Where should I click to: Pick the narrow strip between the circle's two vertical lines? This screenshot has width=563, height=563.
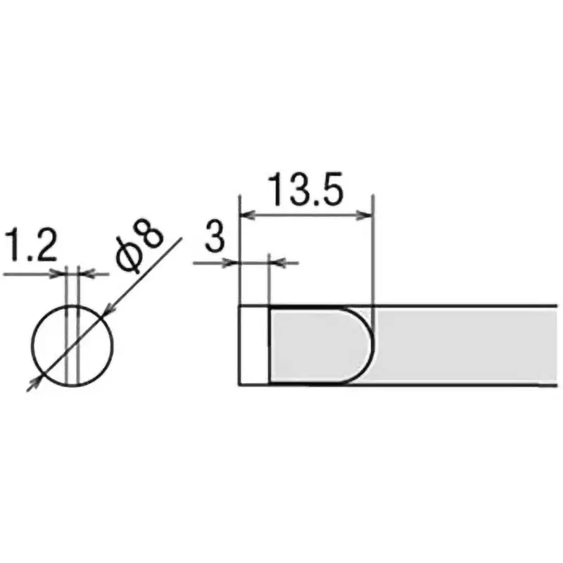click(x=72, y=345)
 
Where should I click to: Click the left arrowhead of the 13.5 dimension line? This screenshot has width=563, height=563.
click(x=246, y=215)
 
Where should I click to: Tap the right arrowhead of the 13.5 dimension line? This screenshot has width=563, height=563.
click(x=365, y=215)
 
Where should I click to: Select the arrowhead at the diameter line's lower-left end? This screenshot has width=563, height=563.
click(x=31, y=384)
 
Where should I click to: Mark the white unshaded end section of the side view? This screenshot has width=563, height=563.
click(x=254, y=345)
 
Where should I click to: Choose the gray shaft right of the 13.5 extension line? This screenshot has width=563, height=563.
click(x=464, y=345)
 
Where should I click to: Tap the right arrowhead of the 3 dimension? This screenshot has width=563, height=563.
click(x=277, y=263)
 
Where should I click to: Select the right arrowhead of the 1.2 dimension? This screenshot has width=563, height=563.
click(x=84, y=273)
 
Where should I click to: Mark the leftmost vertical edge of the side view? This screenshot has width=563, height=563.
click(x=240, y=345)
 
